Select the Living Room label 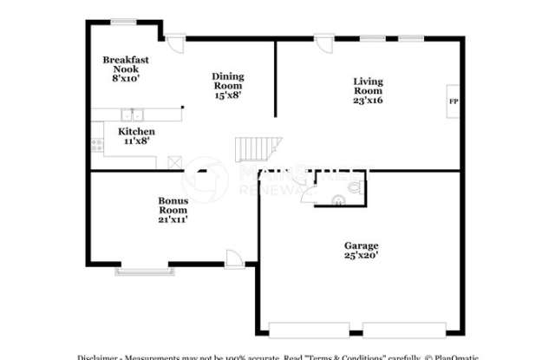(x=368, y=90)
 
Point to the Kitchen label (x=136, y=135)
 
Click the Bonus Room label (x=173, y=209)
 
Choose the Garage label (x=361, y=251)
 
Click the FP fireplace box (x=453, y=101)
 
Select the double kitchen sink (x=132, y=114)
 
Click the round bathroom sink (x=338, y=199)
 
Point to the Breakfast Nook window (x=123, y=22)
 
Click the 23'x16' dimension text (x=368, y=100)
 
